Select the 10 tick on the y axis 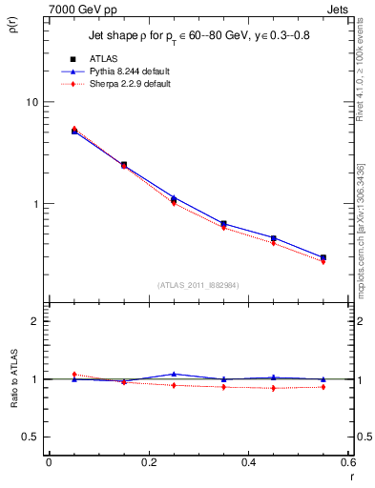31,102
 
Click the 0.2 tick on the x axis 148,462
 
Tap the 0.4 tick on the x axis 248,462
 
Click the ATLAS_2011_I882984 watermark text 198,284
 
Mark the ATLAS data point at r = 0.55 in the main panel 323,257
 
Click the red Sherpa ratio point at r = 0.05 74,374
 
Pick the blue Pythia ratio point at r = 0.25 174,374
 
